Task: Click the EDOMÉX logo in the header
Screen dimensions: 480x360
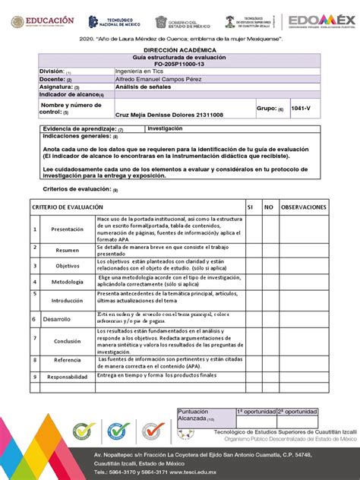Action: point(321,22)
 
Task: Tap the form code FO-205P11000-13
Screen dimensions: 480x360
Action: point(179,65)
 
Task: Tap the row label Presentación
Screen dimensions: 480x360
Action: point(68,229)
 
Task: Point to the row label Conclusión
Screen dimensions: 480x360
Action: point(68,341)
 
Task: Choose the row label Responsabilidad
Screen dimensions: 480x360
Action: point(68,377)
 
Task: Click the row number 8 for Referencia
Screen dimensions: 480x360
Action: point(34,360)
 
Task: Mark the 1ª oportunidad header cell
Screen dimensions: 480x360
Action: point(255,411)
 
